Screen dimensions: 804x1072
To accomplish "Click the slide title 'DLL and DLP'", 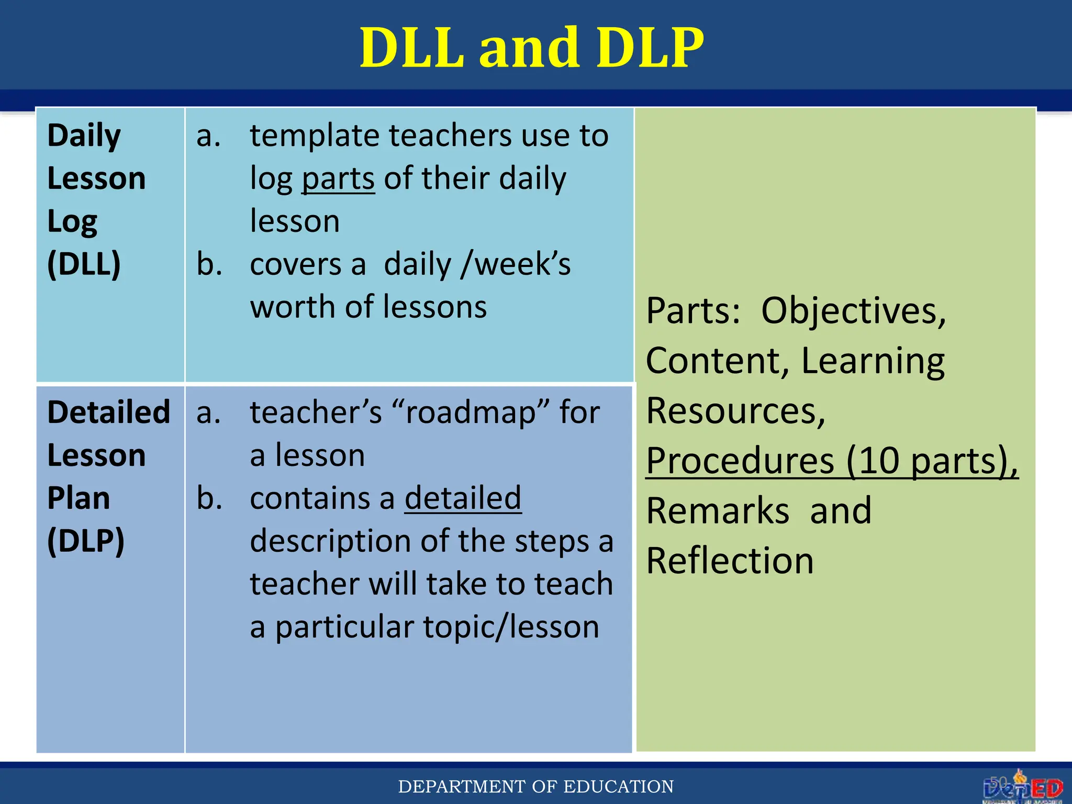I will pyautogui.click(x=532, y=48).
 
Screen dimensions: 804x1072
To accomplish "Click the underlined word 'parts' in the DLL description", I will pyautogui.click(x=338, y=179).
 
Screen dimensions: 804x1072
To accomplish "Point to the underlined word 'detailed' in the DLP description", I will pyautogui.click(x=463, y=498).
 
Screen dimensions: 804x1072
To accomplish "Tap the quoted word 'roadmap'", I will pyautogui.click(x=470, y=412).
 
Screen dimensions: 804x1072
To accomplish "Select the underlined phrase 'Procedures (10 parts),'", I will pyautogui.click(x=831, y=461).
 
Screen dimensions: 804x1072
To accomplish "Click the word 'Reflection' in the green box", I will pyautogui.click(x=730, y=561).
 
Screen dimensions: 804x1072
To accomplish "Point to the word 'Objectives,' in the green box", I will pyautogui.click(x=853, y=311).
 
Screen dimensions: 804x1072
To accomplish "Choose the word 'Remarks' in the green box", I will pyautogui.click(x=717, y=511).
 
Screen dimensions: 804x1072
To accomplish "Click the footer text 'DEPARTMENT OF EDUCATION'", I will pyautogui.click(x=535, y=786).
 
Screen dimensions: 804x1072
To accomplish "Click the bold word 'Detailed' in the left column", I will pyautogui.click(x=108, y=412).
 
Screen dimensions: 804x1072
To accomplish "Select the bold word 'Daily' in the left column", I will pyautogui.click(x=84, y=136).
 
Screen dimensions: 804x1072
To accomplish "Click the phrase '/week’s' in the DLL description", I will pyautogui.click(x=515, y=264).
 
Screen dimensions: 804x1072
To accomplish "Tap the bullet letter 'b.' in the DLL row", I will pyautogui.click(x=209, y=264).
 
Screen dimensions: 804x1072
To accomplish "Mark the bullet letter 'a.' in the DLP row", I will pyautogui.click(x=208, y=412).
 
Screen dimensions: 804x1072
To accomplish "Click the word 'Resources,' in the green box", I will pyautogui.click(x=735, y=411).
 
